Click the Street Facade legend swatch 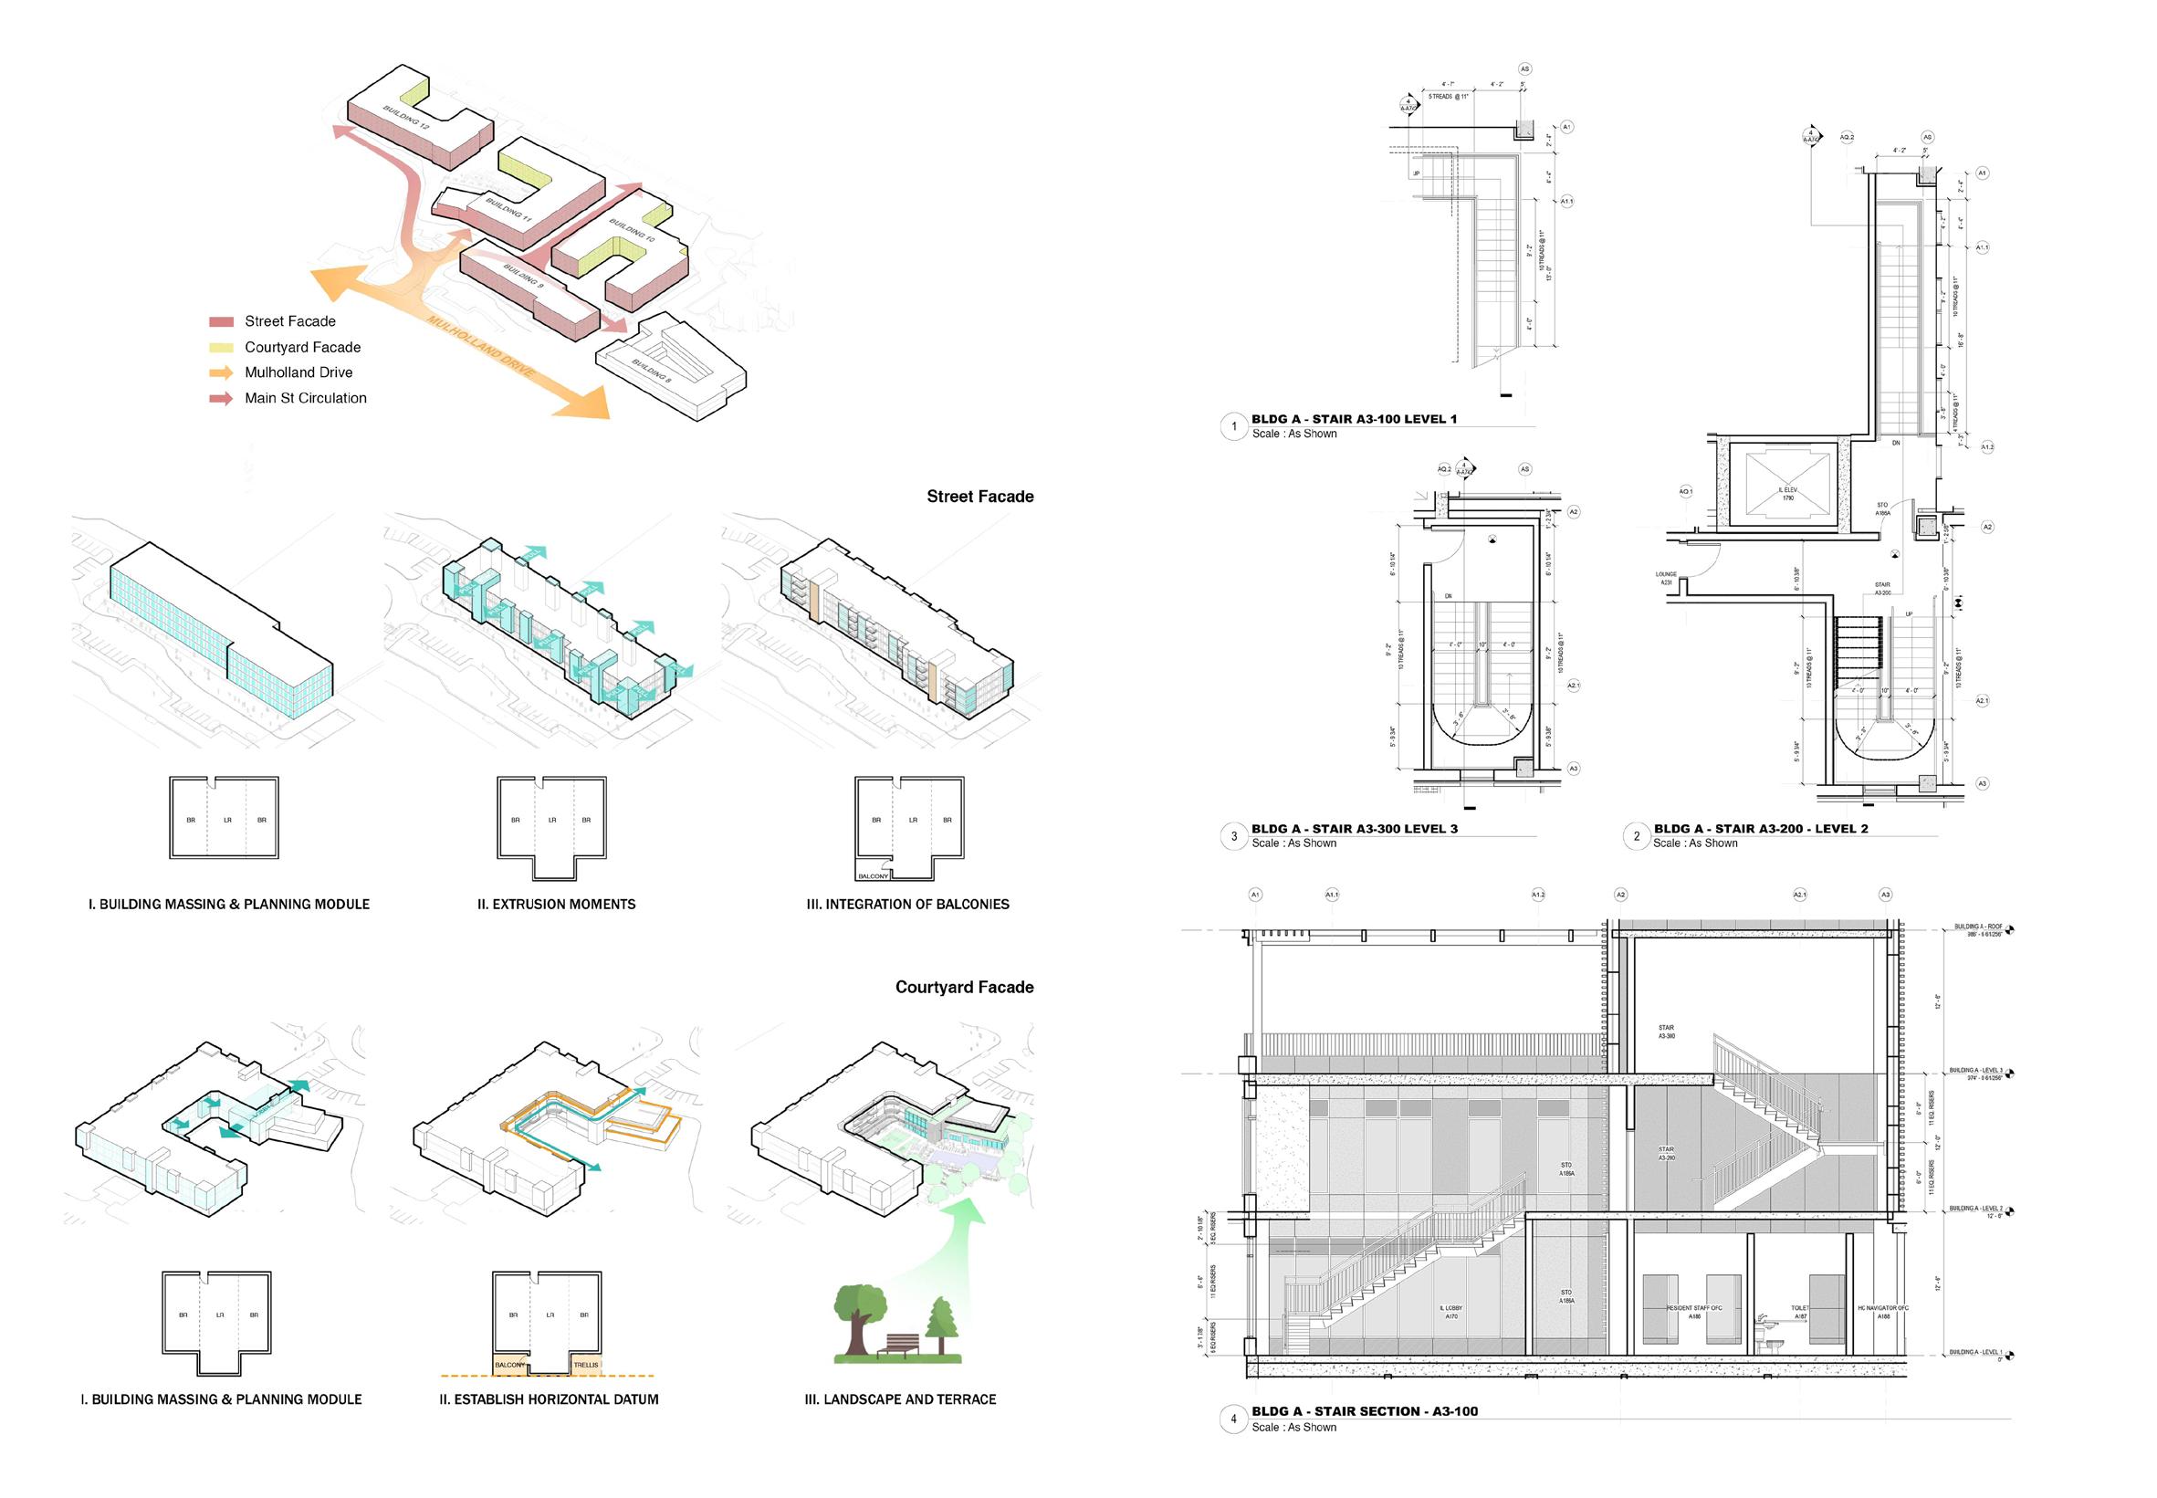coord(221,322)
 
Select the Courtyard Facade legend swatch coord(221,347)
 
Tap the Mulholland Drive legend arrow coord(221,372)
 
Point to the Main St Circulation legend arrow coord(221,398)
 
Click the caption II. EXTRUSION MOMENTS coord(556,904)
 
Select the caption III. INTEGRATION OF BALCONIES coord(907,904)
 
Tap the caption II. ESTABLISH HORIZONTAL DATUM coord(549,1398)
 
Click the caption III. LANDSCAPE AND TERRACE coord(900,1398)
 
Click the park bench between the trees coord(899,1346)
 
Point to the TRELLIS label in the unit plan coord(586,1365)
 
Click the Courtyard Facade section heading coord(964,987)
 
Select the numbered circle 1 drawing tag coord(1233,426)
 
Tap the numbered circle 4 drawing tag coord(1233,1419)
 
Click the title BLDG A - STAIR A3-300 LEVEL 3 coord(1354,829)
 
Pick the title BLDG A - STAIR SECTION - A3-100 coord(1364,1410)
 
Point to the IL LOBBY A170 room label coord(1451,1312)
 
